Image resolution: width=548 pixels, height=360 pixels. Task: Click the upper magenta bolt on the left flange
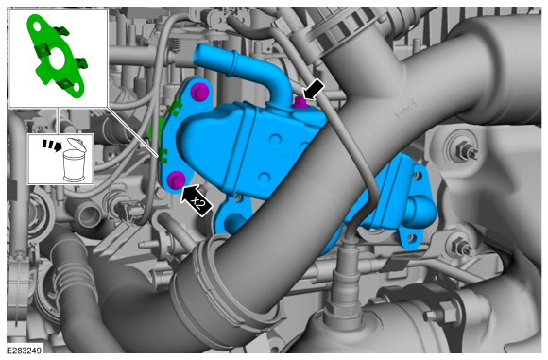click(199, 92)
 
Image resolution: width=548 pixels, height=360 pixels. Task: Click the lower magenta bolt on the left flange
click(177, 180)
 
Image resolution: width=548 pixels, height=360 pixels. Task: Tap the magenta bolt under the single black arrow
click(300, 102)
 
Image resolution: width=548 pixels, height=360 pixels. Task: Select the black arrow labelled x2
click(197, 200)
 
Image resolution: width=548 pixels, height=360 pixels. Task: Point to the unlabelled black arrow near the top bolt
click(313, 89)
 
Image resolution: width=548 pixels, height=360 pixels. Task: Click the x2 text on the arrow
click(198, 203)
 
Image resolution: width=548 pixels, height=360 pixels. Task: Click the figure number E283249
click(25, 350)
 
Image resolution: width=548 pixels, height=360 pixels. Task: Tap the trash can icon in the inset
click(74, 160)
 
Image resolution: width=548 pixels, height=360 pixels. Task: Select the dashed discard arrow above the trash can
click(52, 146)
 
